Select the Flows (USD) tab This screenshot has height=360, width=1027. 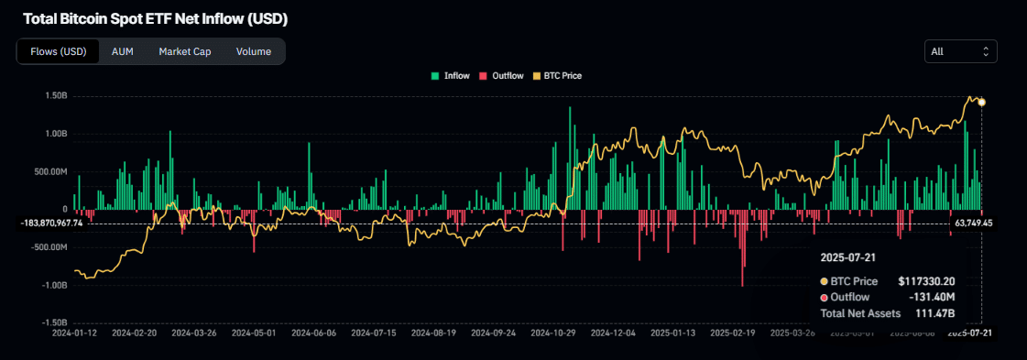58,51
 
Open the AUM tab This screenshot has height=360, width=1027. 123,51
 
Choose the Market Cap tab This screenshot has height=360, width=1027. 184,51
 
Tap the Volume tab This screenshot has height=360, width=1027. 253,51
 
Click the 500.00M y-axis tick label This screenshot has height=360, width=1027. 51,171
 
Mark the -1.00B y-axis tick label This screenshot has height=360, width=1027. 54,285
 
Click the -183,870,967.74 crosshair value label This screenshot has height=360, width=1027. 52,223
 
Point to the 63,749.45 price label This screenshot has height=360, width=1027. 974,223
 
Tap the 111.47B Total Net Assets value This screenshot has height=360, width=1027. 935,312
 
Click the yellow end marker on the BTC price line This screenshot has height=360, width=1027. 982,102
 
